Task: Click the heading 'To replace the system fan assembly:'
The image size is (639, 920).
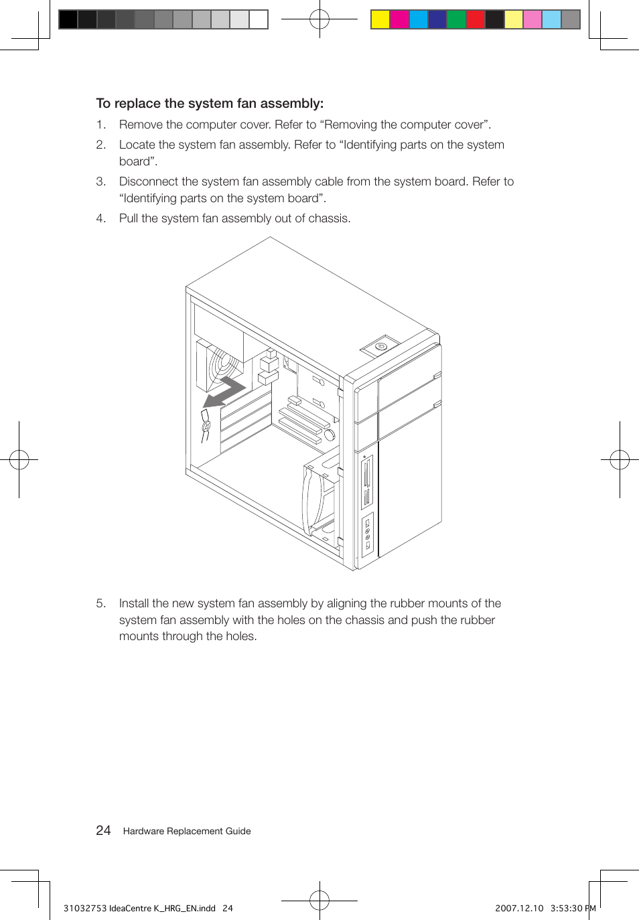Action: (210, 104)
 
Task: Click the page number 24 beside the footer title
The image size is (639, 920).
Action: (103, 831)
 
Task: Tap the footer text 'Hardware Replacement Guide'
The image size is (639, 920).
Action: (187, 832)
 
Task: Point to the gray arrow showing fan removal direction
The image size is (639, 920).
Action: (224, 392)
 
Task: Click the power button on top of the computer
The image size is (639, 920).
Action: (380, 346)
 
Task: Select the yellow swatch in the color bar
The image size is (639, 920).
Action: (380, 19)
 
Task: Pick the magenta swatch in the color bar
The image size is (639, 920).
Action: (399, 19)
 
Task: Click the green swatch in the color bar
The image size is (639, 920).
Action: (456, 19)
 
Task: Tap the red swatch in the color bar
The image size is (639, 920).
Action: (475, 19)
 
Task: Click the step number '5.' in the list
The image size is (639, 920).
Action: (100, 603)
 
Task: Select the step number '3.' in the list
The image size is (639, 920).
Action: (100, 181)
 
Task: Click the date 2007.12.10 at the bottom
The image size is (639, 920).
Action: (519, 909)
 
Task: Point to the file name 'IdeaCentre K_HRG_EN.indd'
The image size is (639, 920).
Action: (162, 909)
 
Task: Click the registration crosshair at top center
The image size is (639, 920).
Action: (319, 19)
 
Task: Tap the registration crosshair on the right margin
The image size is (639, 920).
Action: (620, 460)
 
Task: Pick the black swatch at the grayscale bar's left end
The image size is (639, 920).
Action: (68, 19)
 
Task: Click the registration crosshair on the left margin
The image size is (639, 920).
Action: (19, 460)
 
